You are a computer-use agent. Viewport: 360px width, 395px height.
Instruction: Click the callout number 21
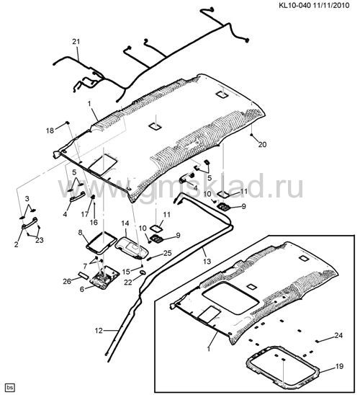click(x=76, y=42)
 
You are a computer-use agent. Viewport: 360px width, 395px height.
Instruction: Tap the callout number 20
click(x=262, y=145)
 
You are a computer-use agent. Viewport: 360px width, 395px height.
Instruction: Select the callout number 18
click(x=50, y=130)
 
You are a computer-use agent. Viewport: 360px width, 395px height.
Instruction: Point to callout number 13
click(x=207, y=261)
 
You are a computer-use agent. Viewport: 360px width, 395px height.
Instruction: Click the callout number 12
click(x=99, y=331)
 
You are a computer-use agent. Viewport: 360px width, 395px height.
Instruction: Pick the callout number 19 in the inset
click(x=339, y=366)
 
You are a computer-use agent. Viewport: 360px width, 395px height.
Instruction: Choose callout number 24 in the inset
click(x=338, y=335)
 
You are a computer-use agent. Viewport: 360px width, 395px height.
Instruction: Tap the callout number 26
click(x=67, y=281)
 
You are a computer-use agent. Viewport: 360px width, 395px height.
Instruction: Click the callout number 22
click(x=128, y=283)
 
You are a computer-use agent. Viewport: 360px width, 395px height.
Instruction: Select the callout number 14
click(x=125, y=223)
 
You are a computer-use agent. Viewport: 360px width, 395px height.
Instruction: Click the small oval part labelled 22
click(x=143, y=272)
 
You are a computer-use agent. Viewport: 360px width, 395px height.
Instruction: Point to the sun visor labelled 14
click(x=131, y=247)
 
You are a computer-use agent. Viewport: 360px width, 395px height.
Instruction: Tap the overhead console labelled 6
click(x=104, y=277)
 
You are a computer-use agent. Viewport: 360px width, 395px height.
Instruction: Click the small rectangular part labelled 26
click(x=83, y=275)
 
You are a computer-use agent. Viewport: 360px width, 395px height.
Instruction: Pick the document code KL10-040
click(x=294, y=5)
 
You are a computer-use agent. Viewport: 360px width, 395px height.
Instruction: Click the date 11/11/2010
click(x=331, y=5)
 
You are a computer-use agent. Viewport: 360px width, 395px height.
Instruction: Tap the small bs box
click(x=10, y=388)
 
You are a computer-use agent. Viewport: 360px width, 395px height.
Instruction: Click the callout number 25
click(x=168, y=253)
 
